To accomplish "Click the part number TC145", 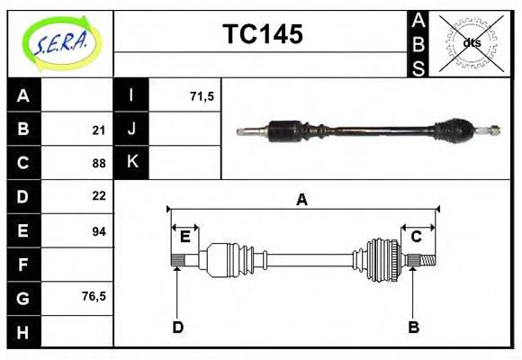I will tap(262, 35).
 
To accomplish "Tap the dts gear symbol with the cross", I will tap(470, 43).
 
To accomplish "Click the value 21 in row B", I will tap(99, 130).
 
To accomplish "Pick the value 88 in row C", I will tap(99, 164).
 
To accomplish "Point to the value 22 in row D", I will tap(99, 196).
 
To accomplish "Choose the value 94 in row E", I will tap(99, 231).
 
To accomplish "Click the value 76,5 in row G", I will tap(94, 296).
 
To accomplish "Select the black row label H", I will tap(23, 332).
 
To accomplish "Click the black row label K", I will tap(131, 163).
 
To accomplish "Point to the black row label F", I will tap(23, 265).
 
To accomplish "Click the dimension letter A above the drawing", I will tap(302, 200).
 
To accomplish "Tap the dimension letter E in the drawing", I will tap(184, 237).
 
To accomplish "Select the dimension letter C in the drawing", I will tap(417, 237).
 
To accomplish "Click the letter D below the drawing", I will tap(177, 328).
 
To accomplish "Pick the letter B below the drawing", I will tap(413, 328).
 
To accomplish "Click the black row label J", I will tap(131, 130).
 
